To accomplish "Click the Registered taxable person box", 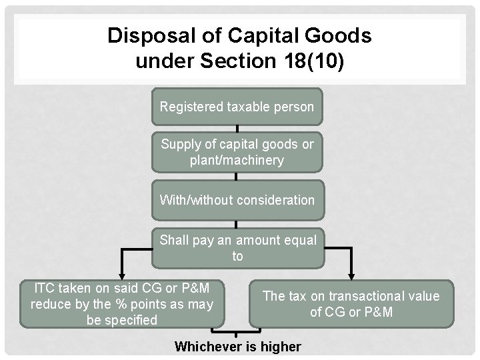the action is (x=237, y=107).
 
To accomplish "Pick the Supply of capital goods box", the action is (x=237, y=152).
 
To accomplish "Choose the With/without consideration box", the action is (x=237, y=199).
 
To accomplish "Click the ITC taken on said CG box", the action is (x=122, y=304).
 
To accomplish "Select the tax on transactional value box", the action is (x=351, y=304).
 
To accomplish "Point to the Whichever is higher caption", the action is (x=237, y=347).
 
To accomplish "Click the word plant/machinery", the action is (x=237, y=161).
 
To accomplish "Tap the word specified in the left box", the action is (x=133, y=320).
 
